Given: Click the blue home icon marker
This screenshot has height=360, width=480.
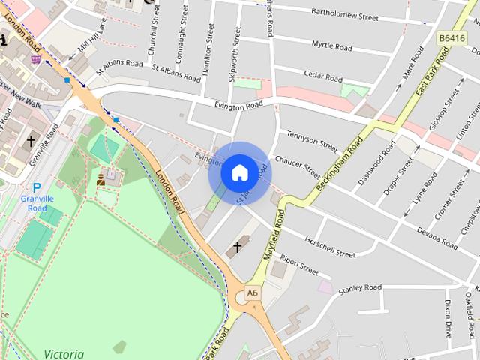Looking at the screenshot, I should [239, 172].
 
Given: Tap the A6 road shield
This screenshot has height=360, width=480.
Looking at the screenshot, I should [253, 292].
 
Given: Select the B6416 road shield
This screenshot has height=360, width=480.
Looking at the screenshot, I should [452, 38].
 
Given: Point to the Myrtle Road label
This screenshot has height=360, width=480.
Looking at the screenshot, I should [331, 46].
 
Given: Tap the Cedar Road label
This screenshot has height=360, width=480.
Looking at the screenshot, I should [323, 76].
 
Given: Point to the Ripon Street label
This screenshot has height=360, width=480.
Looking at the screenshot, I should [299, 264].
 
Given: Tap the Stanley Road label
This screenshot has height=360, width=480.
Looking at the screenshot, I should [360, 287].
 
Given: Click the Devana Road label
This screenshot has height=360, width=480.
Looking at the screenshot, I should [436, 238].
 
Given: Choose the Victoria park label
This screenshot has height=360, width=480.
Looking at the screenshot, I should [64, 353].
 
